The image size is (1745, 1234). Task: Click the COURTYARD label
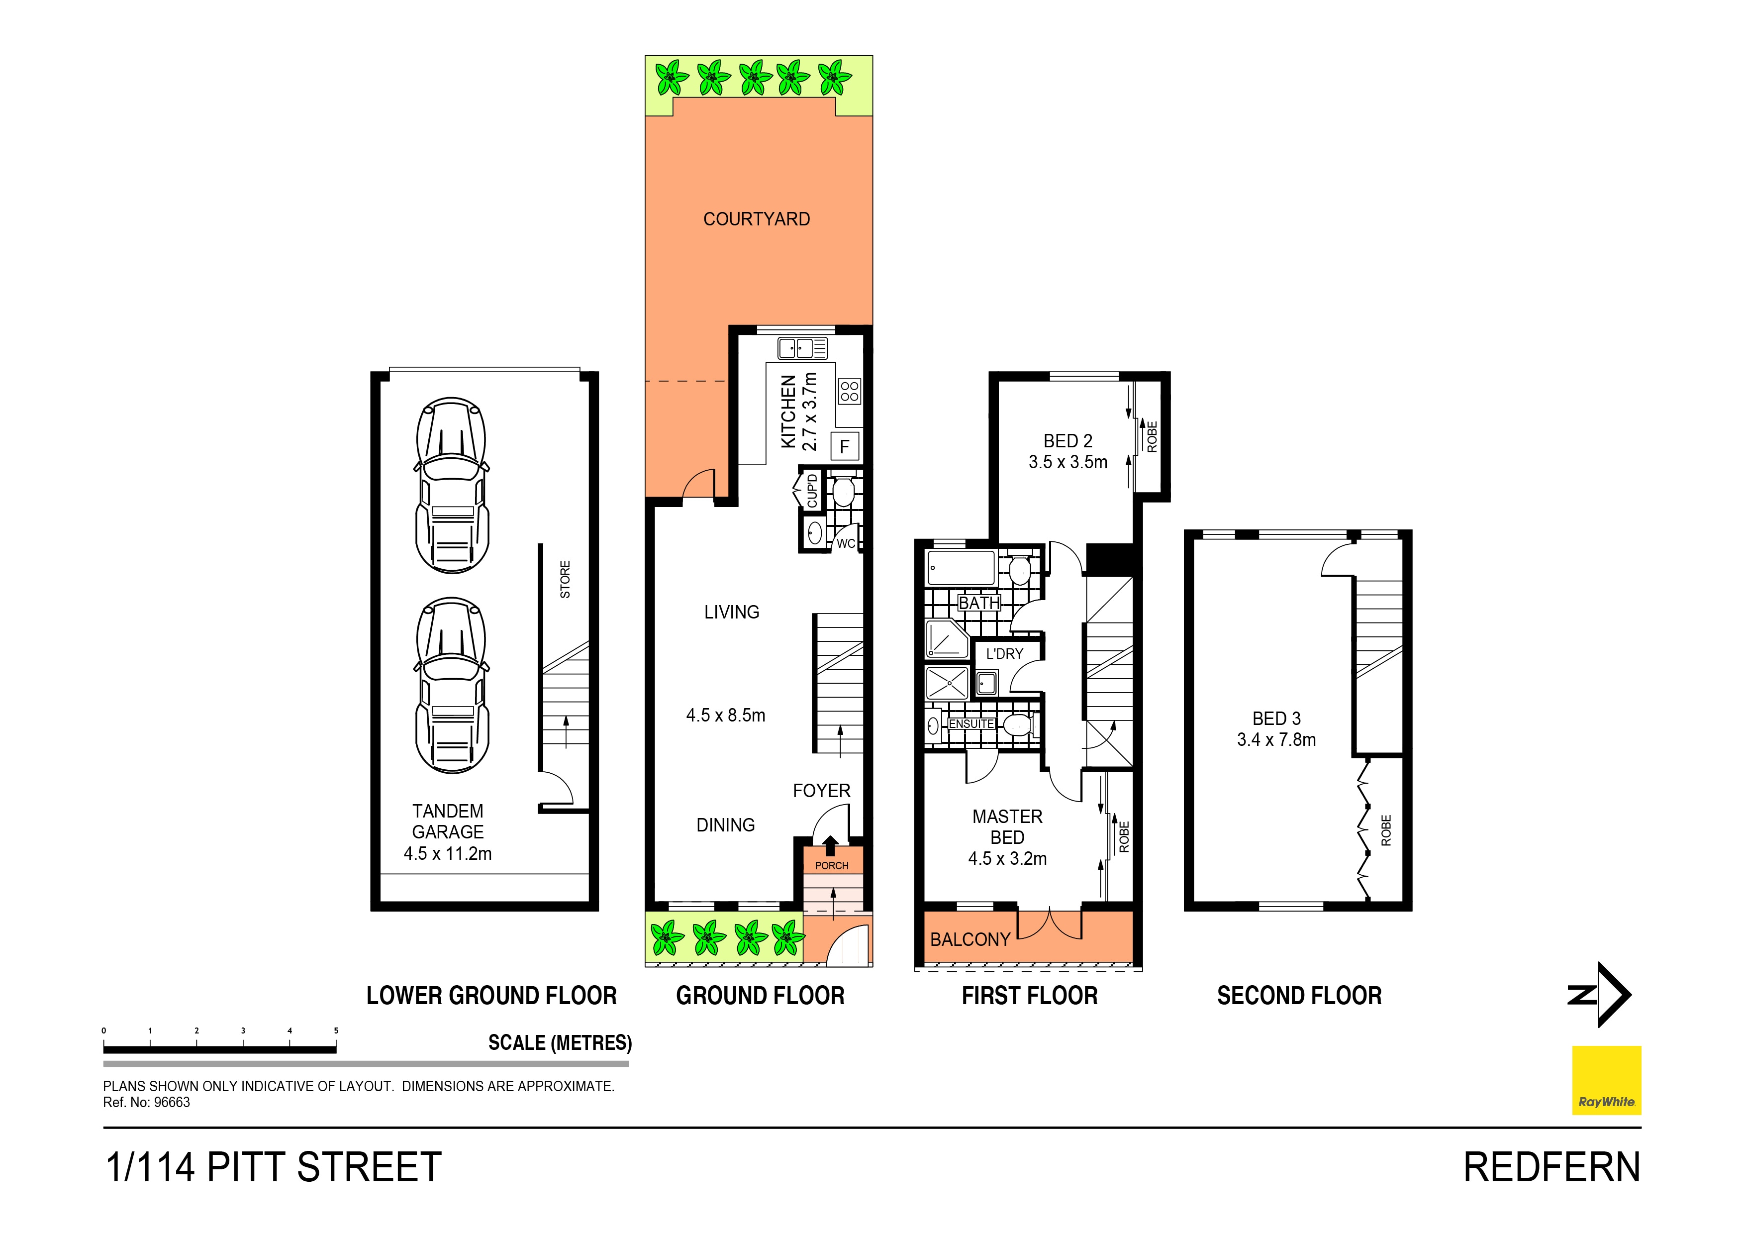(756, 219)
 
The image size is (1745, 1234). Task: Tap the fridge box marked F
(844, 446)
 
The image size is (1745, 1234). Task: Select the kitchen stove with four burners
(850, 392)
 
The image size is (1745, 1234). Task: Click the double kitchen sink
(802, 349)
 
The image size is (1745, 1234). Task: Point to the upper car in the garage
(452, 485)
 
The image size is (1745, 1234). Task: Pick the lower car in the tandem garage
(452, 685)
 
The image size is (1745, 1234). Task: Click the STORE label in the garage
(565, 579)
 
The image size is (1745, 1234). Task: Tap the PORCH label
(831, 865)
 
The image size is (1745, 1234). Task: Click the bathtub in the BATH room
(961, 568)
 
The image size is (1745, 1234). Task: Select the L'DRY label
(1004, 654)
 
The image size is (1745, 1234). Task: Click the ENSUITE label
(970, 724)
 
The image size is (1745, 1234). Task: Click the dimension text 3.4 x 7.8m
(1276, 740)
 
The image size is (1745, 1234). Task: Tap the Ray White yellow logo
(1606, 1080)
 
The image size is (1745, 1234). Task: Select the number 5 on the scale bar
(336, 1031)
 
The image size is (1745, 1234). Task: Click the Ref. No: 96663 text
(147, 1103)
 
